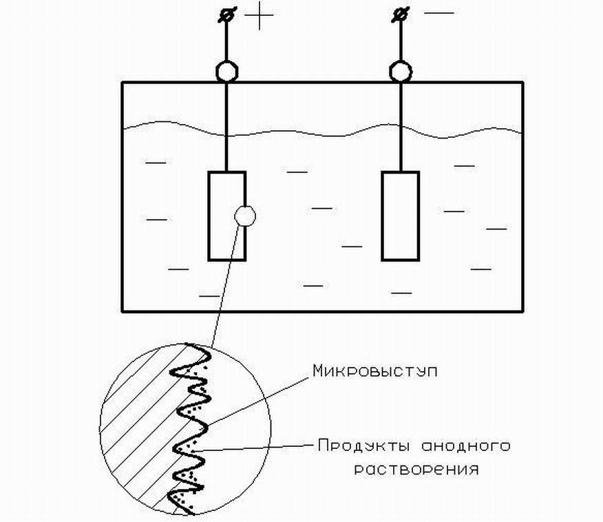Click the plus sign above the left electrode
pos(260,15)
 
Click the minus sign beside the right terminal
pos(439,13)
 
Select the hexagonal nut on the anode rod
pos(227,72)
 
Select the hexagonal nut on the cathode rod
pos(401,72)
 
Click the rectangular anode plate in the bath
pos(227,216)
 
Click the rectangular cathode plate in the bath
pos(401,216)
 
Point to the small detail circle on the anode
pos(245,216)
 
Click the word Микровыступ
pos(375,371)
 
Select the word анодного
pos(467,446)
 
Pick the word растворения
pos(416,470)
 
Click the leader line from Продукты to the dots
pos(254,448)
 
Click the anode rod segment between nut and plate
pos(227,127)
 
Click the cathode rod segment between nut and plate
pos(401,127)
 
